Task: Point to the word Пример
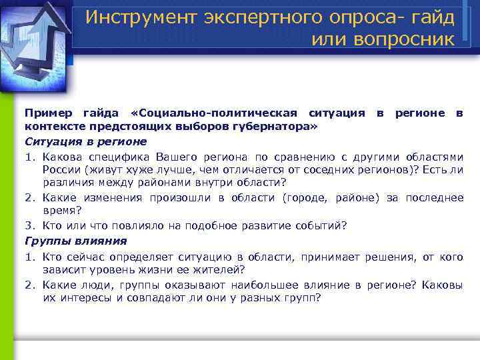click(46, 113)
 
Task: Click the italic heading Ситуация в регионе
click(86, 142)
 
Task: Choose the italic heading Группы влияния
click(75, 241)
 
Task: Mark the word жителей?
click(220, 270)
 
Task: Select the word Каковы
click(442, 285)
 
